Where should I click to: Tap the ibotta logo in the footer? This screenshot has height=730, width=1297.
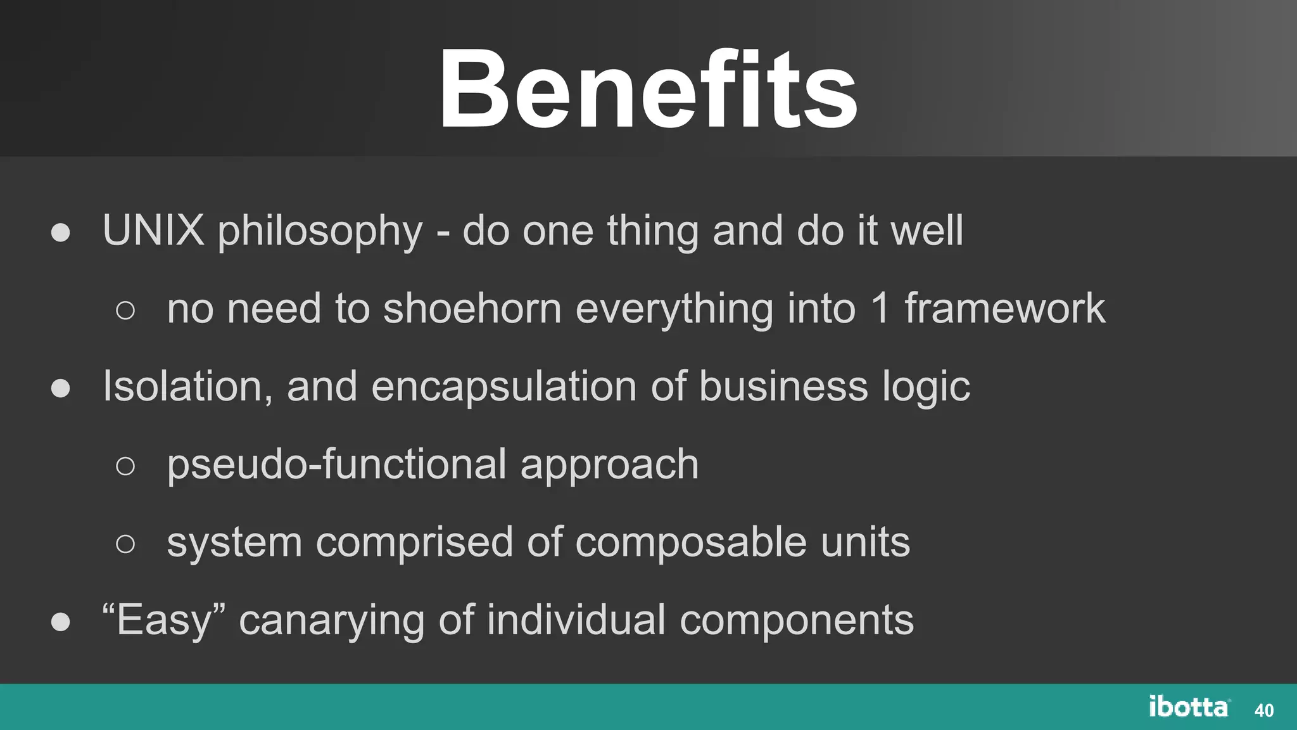pos(1189,707)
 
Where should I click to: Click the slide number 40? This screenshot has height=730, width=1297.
pos(1263,710)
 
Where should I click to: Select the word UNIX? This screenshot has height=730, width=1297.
pos(153,230)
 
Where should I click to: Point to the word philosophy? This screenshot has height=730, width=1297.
pos(320,232)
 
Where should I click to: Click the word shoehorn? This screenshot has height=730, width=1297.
pos(472,309)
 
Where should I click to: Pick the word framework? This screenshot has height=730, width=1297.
pos(1004,309)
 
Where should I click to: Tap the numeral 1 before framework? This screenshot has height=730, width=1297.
pos(880,309)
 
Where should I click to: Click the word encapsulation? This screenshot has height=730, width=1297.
pos(503,388)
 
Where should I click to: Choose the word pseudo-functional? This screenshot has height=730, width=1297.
pos(336,464)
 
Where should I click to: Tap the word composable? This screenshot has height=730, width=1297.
pos(691,543)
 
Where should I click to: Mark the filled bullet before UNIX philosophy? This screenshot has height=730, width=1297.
pos(61,233)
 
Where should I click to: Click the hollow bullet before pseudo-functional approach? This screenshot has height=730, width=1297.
pos(125,466)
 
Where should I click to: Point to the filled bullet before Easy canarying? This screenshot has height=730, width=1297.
pos(61,622)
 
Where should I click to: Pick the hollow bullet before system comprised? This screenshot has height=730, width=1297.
pos(125,544)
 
